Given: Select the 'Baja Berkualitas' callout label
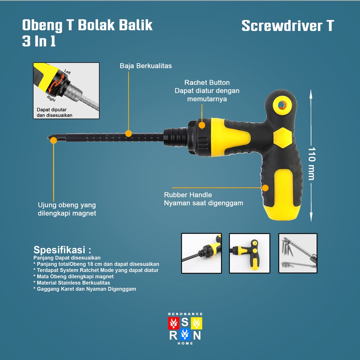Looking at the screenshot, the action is point(146,66).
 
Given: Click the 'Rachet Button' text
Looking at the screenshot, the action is point(207,83).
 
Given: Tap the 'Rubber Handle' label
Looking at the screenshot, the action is point(188,195).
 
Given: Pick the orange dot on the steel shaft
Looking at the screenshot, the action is point(129,134).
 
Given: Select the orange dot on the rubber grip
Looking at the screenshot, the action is point(265,188).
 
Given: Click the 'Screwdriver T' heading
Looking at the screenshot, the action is point(288,26).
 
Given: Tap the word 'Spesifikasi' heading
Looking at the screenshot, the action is point(60,250).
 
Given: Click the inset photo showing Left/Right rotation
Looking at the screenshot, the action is point(66,90).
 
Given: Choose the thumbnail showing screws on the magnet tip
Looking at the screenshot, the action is point(297,253).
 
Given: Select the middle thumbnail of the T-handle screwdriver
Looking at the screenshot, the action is point(250,253).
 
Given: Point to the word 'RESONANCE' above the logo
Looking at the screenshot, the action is point(185,314).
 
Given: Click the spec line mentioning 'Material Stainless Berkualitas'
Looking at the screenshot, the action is point(72,283).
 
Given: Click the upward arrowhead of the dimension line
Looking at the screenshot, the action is point(311,92).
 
